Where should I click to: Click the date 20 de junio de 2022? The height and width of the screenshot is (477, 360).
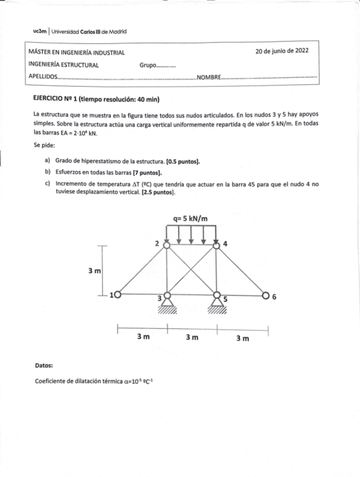pos(282,51)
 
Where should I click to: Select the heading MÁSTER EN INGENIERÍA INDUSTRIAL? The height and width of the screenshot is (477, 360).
pos(76,52)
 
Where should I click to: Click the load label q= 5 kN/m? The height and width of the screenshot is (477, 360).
pos(191,218)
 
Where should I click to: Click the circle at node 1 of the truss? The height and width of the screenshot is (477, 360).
pos(118,294)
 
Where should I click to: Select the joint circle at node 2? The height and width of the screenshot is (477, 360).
pos(166,244)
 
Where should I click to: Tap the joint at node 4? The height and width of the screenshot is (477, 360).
pos(217,244)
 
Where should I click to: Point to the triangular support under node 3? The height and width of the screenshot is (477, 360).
pos(166,304)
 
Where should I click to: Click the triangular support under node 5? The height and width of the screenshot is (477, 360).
pos(217,304)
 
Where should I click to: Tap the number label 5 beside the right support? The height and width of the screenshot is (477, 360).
pos(226,300)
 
